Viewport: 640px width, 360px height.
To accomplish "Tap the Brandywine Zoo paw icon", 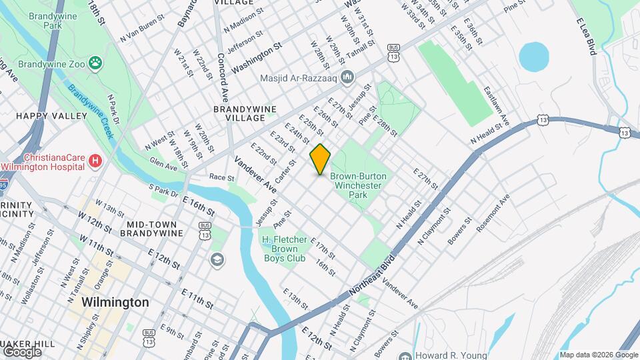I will (x=97, y=63).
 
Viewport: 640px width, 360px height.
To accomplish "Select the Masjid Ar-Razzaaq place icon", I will (x=347, y=78).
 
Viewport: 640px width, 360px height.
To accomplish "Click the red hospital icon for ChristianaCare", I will (x=96, y=161).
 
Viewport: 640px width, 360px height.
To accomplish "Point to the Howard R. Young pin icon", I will (x=405, y=355).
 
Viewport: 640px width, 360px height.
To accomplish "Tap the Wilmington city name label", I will (x=115, y=302).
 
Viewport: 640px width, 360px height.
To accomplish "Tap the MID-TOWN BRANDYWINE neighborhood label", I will (x=151, y=229).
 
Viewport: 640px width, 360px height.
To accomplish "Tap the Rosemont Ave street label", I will (x=493, y=213).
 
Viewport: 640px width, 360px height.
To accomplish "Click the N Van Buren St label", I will (x=141, y=34).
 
